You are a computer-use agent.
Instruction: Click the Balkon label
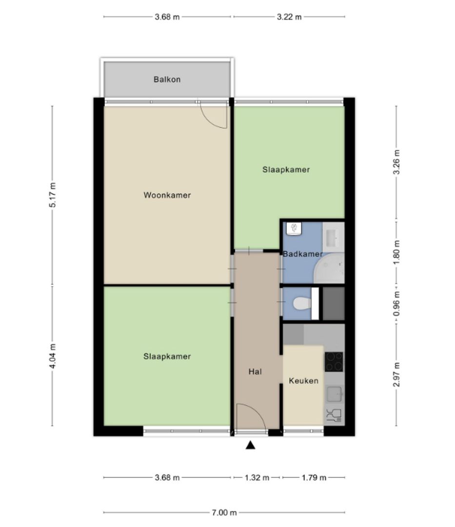[x=167, y=79]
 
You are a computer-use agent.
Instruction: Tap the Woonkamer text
[x=167, y=195]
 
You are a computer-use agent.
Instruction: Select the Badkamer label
[x=303, y=254]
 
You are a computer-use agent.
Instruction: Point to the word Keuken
[x=303, y=381]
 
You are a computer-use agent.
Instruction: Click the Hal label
[x=255, y=371]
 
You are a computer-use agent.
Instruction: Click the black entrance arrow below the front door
[x=250, y=445]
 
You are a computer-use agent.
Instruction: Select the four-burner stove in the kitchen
[x=334, y=362]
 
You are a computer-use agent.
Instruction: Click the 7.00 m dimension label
[x=224, y=512]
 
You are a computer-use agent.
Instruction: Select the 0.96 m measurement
[x=396, y=304]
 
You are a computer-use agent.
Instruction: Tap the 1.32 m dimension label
[x=257, y=478]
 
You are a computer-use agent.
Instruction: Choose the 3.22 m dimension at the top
[x=289, y=17]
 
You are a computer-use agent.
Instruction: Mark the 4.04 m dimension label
[x=53, y=356]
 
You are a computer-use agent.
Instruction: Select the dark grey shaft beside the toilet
[x=334, y=304]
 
